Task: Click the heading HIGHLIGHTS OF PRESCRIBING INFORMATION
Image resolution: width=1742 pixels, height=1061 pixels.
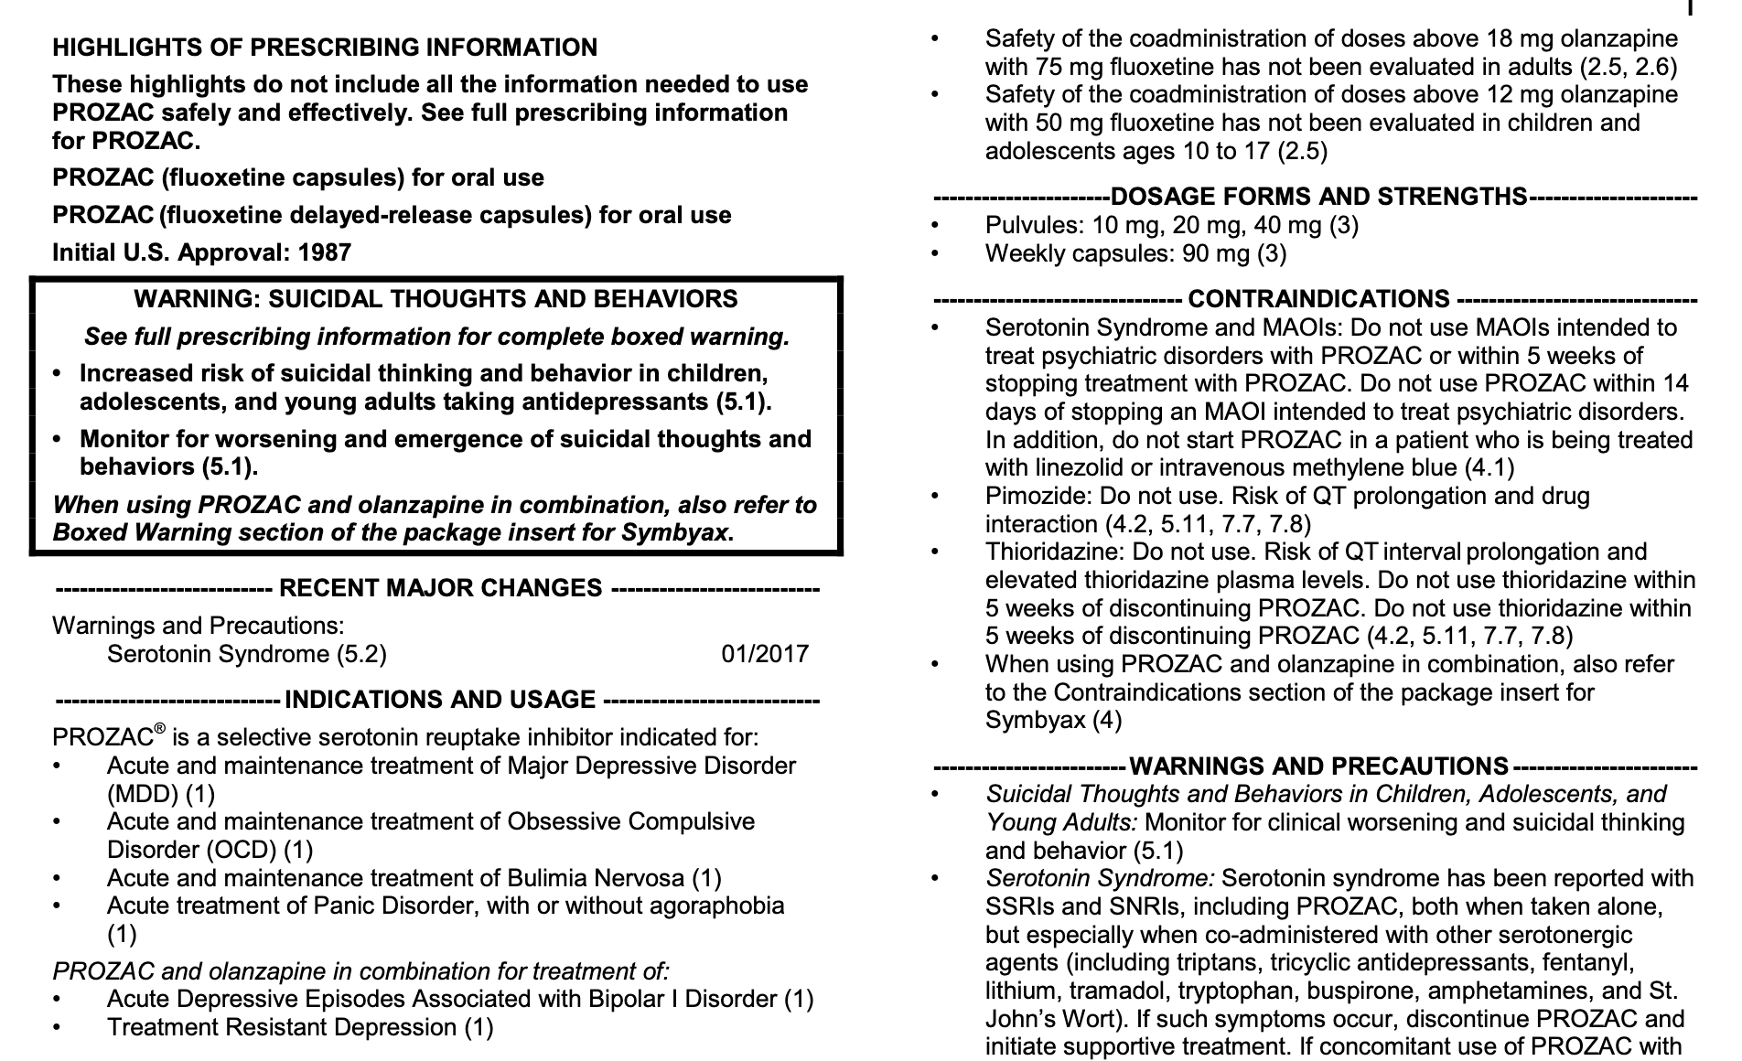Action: coord(325,48)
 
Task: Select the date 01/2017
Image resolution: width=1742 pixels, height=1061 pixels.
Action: coord(765,654)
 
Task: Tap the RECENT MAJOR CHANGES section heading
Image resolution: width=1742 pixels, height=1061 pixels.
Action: coord(440,588)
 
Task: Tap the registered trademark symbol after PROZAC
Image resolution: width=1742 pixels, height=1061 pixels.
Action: coord(159,729)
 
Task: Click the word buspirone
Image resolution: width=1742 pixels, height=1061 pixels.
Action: coord(1345,991)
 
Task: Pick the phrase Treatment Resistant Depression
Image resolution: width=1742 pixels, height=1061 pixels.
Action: coord(283,1027)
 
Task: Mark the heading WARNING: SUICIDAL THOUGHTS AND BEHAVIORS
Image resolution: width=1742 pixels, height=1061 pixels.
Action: coord(435,299)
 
